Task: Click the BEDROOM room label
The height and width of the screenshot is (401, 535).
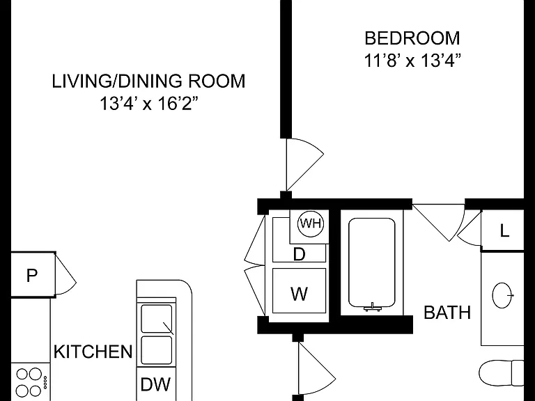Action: [412, 38]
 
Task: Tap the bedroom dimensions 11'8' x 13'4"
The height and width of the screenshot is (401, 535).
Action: [412, 61]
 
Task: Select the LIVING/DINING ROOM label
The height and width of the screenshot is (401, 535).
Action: [148, 81]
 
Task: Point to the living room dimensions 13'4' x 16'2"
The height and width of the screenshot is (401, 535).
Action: [148, 104]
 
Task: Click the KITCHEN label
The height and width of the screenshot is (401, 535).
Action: [93, 352]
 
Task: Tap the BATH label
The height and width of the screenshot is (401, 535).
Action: [447, 313]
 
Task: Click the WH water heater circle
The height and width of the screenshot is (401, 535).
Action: [311, 223]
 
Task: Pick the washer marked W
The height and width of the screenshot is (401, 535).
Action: [300, 291]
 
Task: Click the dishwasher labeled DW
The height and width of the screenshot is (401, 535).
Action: [156, 384]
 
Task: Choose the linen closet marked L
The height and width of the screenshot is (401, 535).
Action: [503, 231]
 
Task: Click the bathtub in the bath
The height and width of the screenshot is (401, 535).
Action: [372, 262]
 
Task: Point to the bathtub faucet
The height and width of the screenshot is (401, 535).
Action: [372, 307]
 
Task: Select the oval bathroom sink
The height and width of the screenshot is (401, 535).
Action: [502, 295]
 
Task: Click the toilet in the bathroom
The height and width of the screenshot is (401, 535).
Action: [502, 373]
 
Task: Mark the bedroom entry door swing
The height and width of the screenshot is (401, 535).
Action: [304, 164]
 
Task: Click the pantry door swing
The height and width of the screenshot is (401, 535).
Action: [65, 274]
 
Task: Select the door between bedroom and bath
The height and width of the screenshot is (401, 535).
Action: [439, 222]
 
